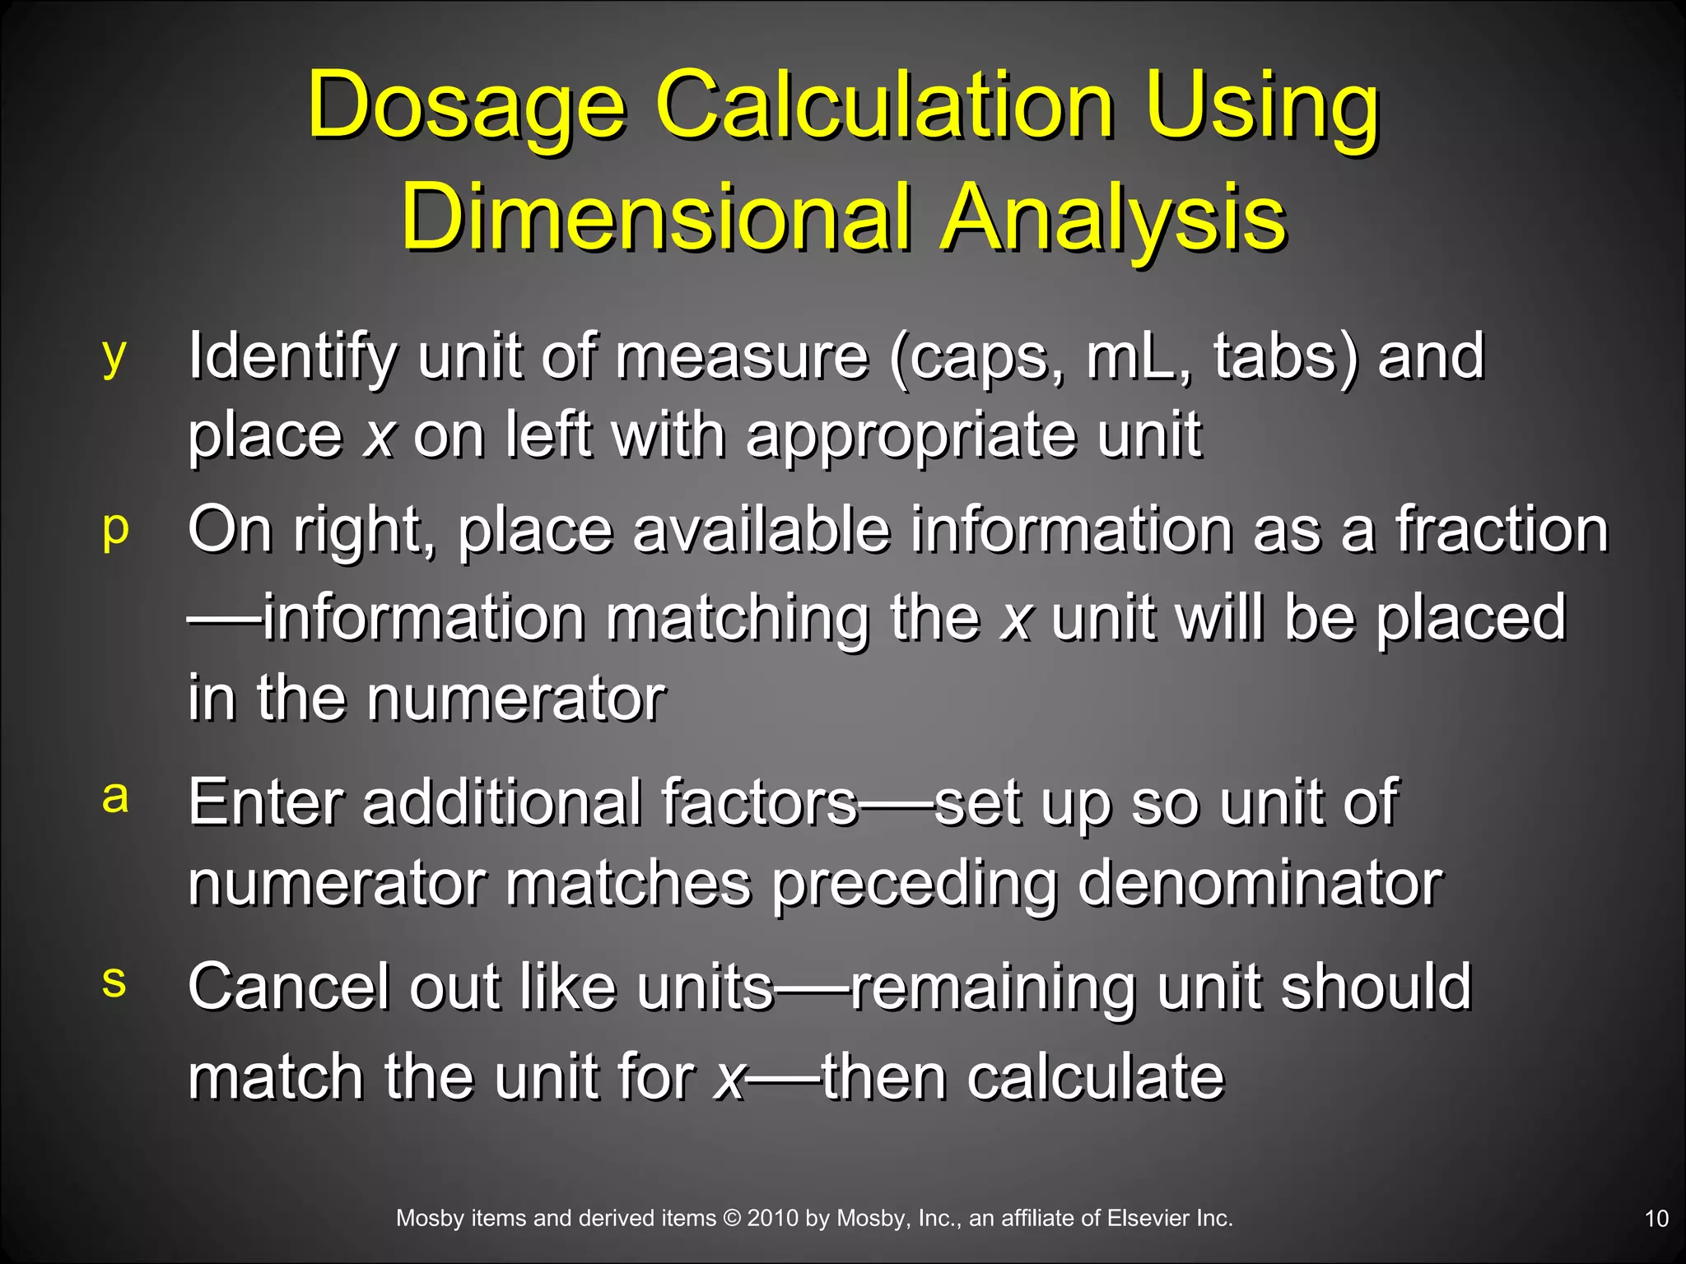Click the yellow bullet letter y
pyautogui.click(x=114, y=355)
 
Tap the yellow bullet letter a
pyautogui.click(x=115, y=797)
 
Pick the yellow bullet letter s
pyautogui.click(x=114, y=981)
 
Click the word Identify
pyautogui.click(x=292, y=357)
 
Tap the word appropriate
pyautogui.click(x=910, y=437)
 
